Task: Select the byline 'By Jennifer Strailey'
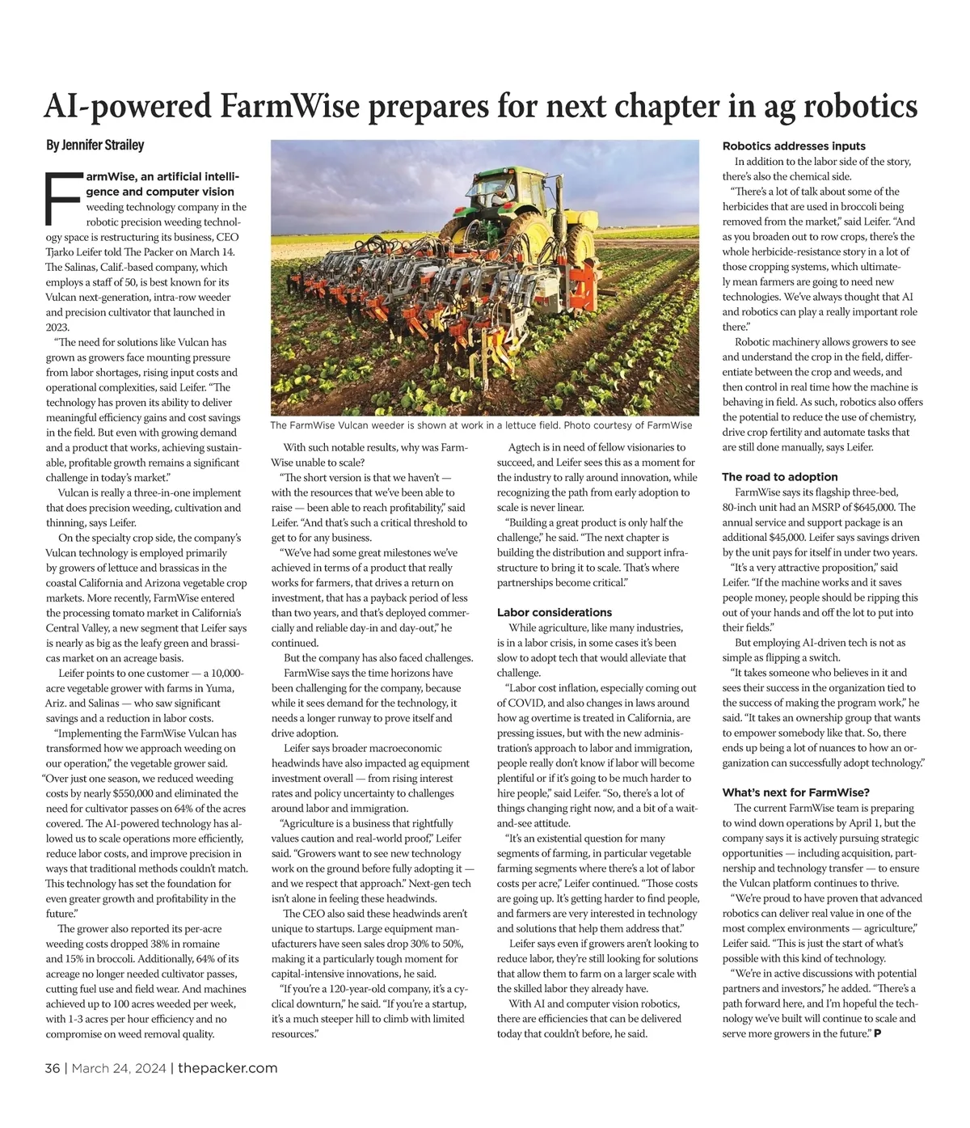(x=95, y=146)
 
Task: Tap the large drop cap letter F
(x=63, y=197)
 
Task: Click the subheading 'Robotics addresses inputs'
(x=793, y=146)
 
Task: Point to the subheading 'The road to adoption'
(x=779, y=477)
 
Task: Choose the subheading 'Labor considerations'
(x=554, y=612)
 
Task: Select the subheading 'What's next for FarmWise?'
(x=795, y=792)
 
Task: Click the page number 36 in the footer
(x=53, y=1068)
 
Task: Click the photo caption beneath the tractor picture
(x=481, y=425)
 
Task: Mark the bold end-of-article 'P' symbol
(x=877, y=1034)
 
